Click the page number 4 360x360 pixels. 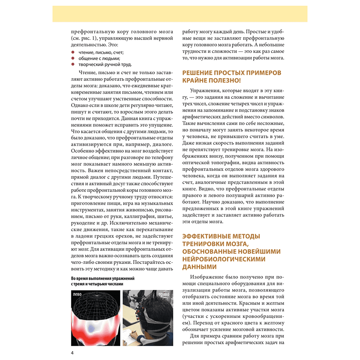pos(72,352)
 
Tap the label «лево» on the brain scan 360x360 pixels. pos(77,294)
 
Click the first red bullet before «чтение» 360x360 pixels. pos(72,52)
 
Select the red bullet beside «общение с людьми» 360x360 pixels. pos(72,58)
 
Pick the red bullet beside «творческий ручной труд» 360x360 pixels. pos(72,64)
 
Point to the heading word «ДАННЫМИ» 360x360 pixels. pos(199,267)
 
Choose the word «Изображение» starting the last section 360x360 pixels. pos(208,276)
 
